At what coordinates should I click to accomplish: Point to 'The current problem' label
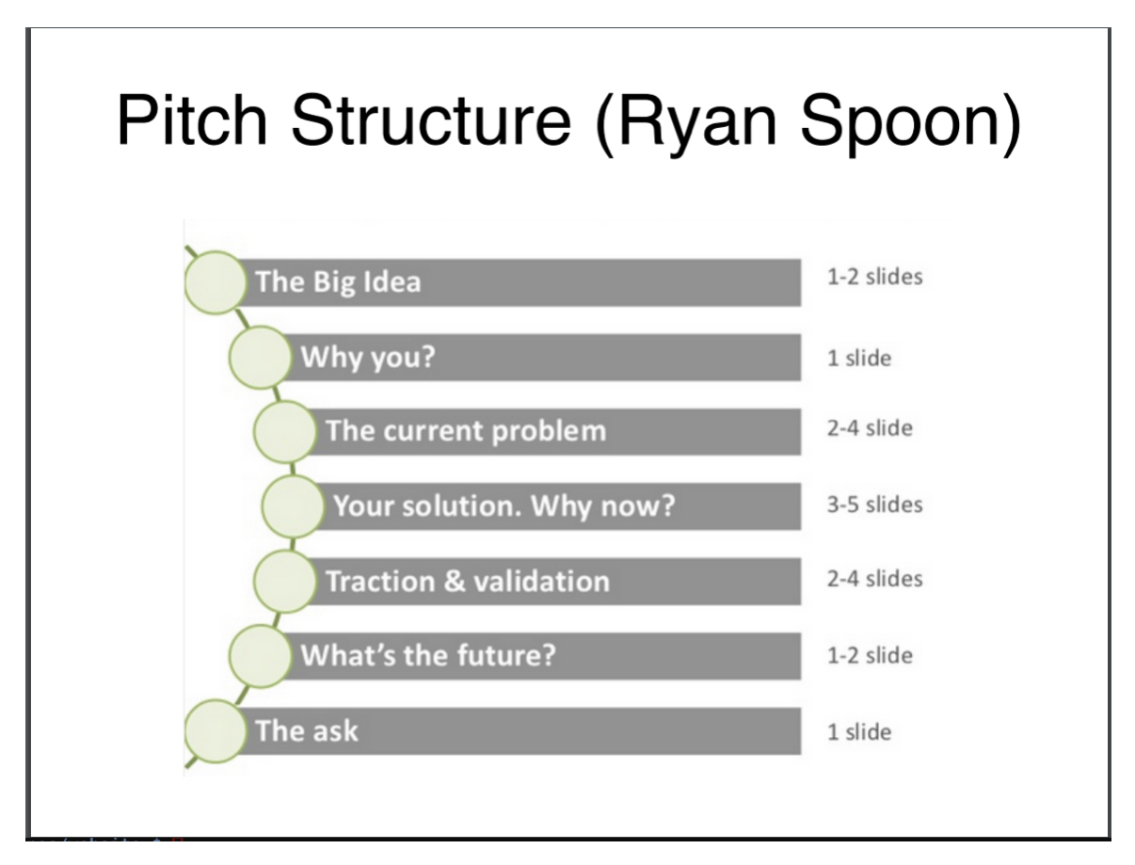pyautogui.click(x=466, y=431)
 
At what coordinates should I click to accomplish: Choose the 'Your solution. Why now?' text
pyautogui.click(x=504, y=505)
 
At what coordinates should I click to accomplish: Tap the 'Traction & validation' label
pyautogui.click(x=467, y=581)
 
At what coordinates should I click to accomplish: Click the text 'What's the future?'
pyautogui.click(x=428, y=654)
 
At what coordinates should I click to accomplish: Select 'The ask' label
pyautogui.click(x=307, y=729)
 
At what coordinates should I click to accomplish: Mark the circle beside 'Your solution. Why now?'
pyautogui.click(x=292, y=506)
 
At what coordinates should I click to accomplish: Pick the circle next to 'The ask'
pyautogui.click(x=215, y=730)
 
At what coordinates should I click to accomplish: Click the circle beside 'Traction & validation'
pyautogui.click(x=284, y=581)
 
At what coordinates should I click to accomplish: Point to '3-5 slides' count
pyautogui.click(x=873, y=505)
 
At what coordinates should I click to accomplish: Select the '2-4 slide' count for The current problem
pyautogui.click(x=869, y=430)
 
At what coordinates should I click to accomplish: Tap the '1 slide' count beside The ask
pyautogui.click(x=857, y=731)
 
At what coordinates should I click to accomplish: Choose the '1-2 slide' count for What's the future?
pyautogui.click(x=869, y=655)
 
